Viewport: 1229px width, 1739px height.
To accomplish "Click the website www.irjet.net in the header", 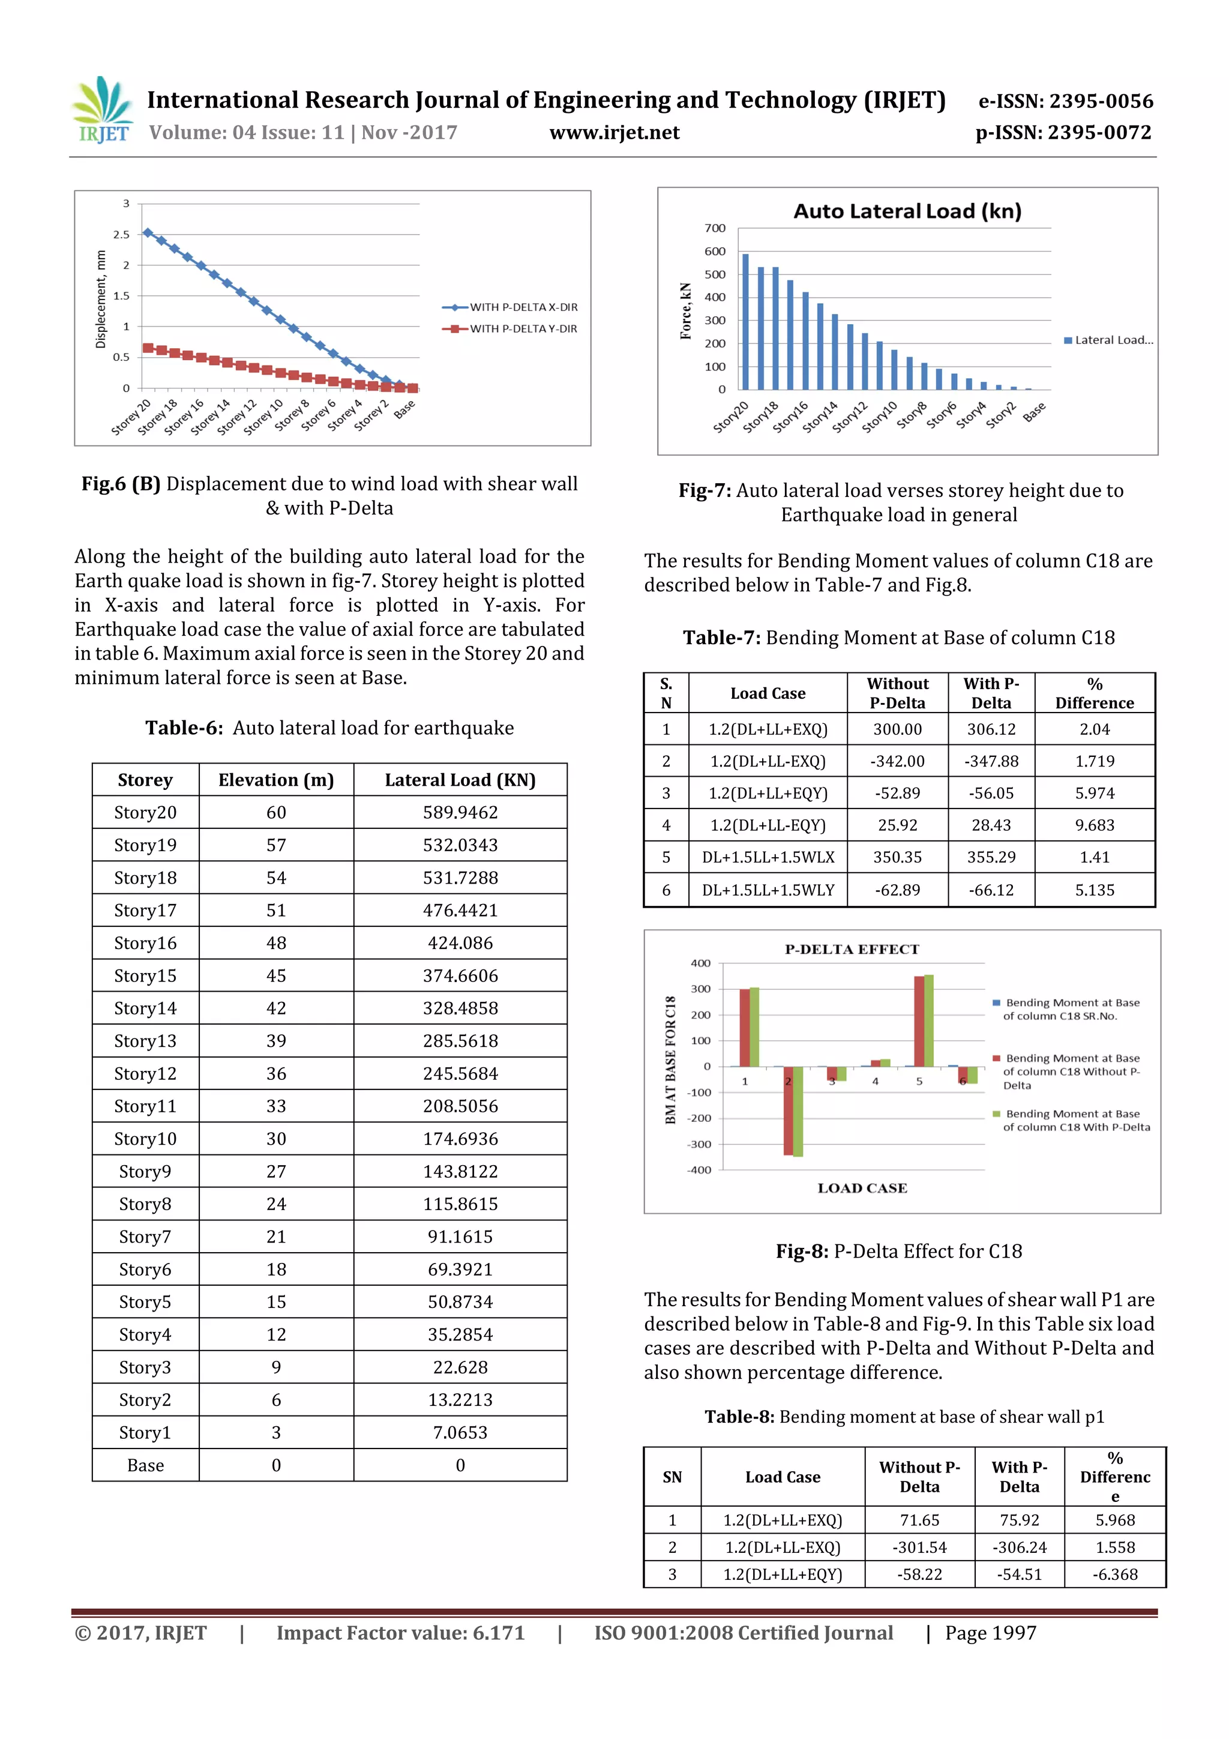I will pos(614,133).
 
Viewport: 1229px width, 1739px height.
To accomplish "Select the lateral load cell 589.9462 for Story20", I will pos(460,813).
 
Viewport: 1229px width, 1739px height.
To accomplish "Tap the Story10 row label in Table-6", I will pos(145,1139).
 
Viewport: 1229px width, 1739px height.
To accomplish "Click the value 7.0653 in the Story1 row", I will pos(460,1433).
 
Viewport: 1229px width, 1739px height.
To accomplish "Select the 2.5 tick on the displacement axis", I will pos(121,235).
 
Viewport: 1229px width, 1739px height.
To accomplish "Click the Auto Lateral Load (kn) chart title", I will pos(907,211).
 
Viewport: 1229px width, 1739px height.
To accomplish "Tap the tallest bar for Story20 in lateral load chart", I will pos(745,322).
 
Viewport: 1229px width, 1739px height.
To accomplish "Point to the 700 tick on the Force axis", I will pos(714,228).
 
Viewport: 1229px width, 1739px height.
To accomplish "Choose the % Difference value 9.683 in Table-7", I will pos(1094,825).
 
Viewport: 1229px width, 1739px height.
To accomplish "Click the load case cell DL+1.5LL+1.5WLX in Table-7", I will pos(768,857).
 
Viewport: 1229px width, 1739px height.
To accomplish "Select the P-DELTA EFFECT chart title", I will pos(852,950).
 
